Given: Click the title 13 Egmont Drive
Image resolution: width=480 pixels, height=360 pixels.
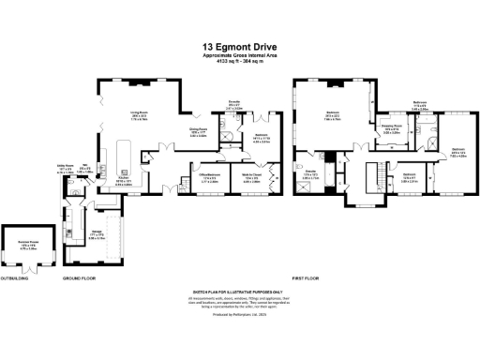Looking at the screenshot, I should click(x=239, y=44).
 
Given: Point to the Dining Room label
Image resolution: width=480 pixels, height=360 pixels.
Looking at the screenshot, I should click(x=199, y=131).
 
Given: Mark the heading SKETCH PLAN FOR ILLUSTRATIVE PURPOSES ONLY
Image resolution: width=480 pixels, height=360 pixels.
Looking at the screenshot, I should click(x=239, y=292).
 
